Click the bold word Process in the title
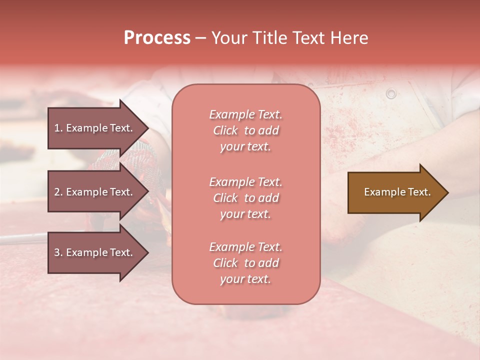[x=157, y=38]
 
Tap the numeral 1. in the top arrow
[x=58, y=128]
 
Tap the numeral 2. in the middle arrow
[x=58, y=192]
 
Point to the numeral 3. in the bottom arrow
[x=58, y=252]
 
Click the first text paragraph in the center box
[x=245, y=130]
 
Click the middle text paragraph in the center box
[x=245, y=198]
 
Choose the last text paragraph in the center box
[x=245, y=263]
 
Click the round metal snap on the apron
[x=391, y=93]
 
